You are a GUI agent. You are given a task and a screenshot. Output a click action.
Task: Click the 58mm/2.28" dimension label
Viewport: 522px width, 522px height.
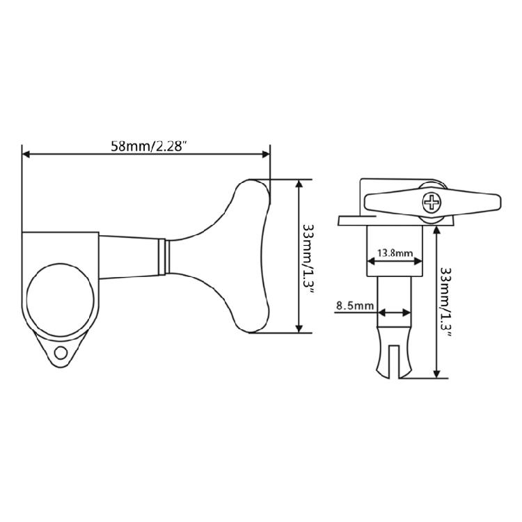pos(148,146)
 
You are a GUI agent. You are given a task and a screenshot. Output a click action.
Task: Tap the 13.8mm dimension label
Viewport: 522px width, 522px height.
pos(395,253)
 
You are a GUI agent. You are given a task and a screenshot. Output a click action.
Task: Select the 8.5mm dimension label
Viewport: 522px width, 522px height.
pos(354,306)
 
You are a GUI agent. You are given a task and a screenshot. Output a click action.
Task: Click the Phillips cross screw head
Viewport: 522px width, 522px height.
pos(432,203)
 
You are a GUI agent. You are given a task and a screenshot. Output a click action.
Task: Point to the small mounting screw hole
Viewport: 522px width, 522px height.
pos(61,353)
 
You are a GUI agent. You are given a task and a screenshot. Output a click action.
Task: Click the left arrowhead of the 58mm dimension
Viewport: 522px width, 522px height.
pos(26,154)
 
